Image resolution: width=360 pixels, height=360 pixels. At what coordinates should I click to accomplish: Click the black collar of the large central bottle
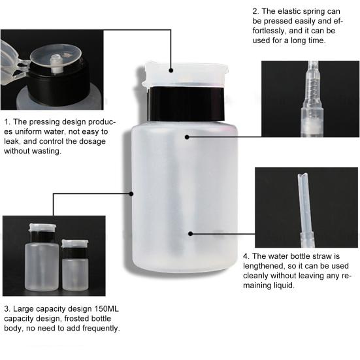[186, 104]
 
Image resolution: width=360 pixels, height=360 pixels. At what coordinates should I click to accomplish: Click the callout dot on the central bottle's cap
[171, 71]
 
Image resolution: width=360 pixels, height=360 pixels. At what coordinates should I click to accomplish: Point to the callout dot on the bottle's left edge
[131, 194]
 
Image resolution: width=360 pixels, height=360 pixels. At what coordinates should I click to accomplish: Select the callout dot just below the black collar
[187, 137]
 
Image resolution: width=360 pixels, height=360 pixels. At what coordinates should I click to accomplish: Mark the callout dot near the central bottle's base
[190, 234]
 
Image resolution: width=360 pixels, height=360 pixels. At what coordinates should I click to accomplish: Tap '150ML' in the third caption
[106, 309]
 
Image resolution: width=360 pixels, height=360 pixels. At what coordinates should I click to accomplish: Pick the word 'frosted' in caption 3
[78, 318]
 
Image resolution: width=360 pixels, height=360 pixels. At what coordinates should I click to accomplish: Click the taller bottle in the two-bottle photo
[42, 257]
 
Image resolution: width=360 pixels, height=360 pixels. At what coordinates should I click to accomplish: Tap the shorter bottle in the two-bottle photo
[75, 265]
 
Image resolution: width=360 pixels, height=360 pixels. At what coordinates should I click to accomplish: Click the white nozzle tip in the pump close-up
[55, 64]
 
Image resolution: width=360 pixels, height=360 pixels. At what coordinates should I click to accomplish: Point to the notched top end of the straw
[302, 176]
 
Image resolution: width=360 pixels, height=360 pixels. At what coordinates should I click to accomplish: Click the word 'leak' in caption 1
[12, 141]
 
